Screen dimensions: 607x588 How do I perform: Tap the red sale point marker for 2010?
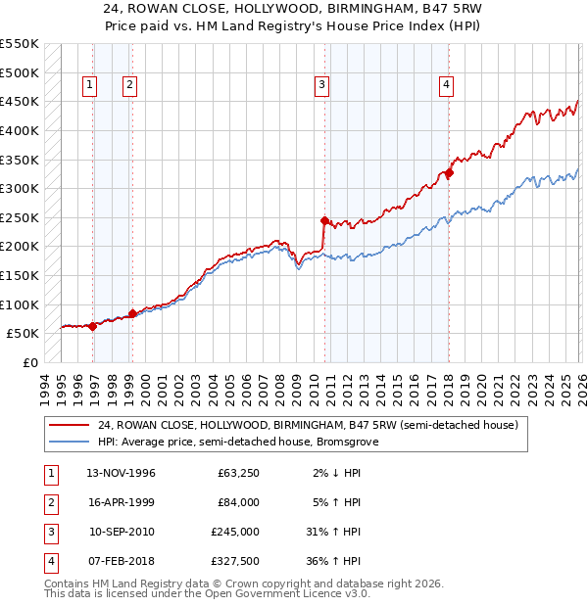click(x=324, y=221)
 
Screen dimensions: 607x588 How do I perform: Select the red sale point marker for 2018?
click(x=449, y=173)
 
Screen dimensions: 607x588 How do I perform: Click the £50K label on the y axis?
click(x=24, y=333)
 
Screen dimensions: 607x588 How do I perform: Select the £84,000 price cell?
click(x=238, y=502)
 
